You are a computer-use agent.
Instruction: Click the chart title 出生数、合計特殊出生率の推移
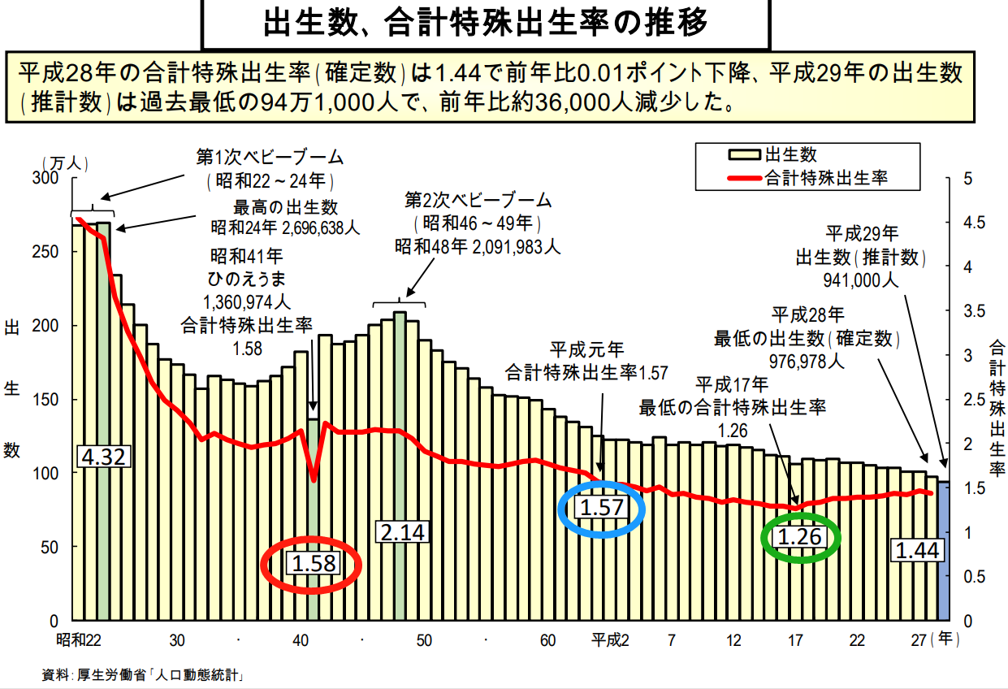[x=485, y=22]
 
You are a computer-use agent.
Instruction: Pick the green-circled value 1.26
[x=800, y=537]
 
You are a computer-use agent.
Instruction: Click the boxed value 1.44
[x=917, y=551]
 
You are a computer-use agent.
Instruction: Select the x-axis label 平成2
[x=609, y=640]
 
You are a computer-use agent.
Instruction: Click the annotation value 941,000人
[x=861, y=281]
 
